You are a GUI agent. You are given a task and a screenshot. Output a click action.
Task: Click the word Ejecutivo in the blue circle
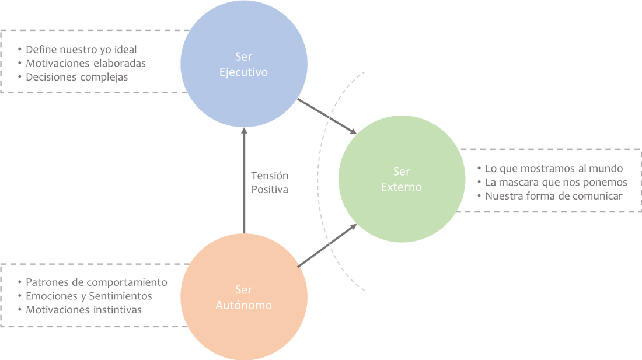(x=244, y=73)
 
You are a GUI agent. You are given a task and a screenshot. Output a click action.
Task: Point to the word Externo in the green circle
(x=402, y=187)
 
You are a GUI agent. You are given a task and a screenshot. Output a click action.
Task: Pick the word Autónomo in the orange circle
(x=244, y=305)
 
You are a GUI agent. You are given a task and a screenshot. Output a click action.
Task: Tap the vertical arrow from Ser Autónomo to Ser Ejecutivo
(x=244, y=181)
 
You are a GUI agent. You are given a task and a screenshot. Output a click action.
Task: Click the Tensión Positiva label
(x=270, y=183)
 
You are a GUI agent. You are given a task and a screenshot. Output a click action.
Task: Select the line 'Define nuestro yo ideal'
(x=82, y=49)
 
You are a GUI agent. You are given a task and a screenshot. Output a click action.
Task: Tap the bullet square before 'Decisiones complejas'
(x=20, y=77)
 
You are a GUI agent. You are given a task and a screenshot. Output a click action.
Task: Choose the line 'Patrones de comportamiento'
(x=97, y=282)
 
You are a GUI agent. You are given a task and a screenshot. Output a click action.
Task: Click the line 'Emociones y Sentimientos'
(x=89, y=296)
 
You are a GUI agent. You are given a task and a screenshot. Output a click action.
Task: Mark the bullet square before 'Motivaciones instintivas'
(x=20, y=310)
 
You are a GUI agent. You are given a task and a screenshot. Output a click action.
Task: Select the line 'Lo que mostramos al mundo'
(x=555, y=169)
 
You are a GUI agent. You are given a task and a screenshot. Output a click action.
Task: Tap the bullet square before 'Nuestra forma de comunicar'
(x=480, y=196)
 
